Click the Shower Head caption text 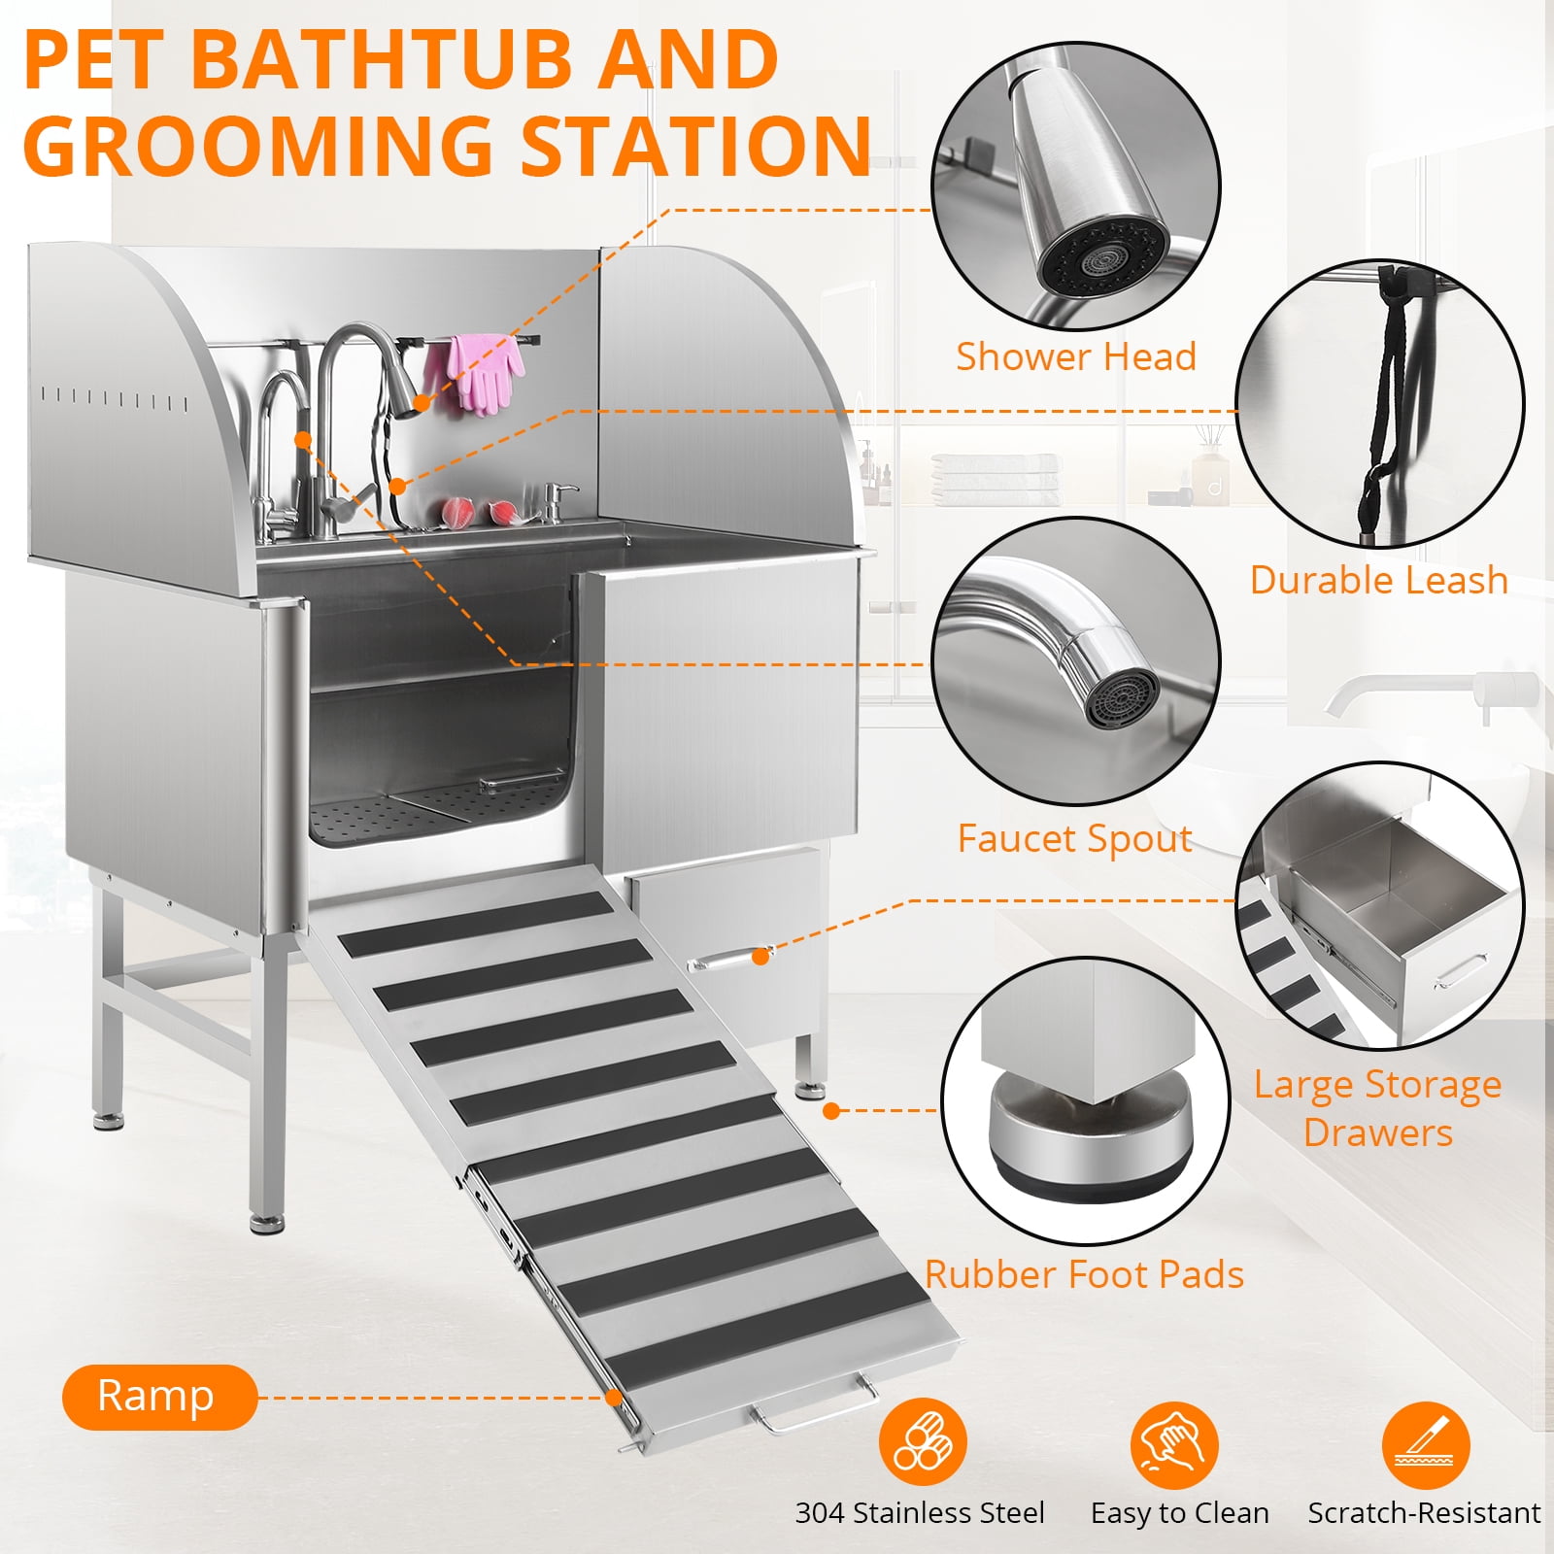[1075, 356]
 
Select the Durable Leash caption [1378, 580]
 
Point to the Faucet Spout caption [1074, 838]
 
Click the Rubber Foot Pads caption [1084, 1274]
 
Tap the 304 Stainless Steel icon [923, 1444]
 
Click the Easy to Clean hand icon [1174, 1444]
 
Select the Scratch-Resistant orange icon [1426, 1444]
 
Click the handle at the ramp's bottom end [812, 1409]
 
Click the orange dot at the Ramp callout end [614, 1397]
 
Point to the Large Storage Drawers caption [1377, 1108]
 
